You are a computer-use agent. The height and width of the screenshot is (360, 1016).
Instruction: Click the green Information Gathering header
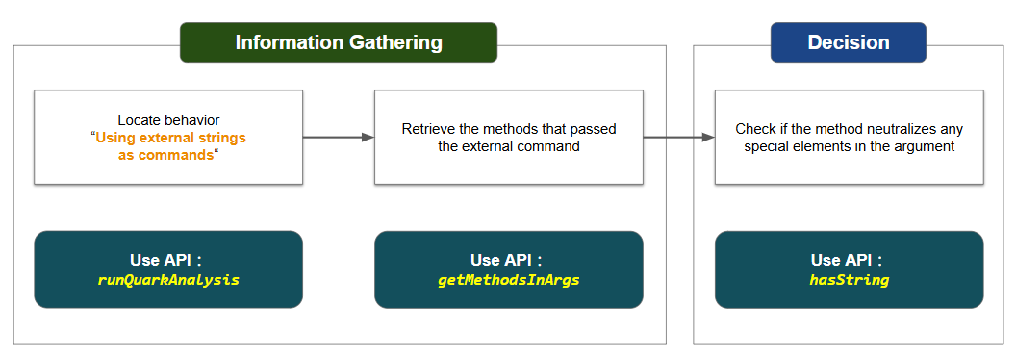coord(339,42)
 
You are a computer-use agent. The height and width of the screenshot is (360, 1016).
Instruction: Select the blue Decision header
coord(849,42)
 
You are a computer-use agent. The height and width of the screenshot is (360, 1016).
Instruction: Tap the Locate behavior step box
coord(168,138)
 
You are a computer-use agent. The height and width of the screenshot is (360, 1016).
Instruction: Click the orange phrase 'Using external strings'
coord(171,139)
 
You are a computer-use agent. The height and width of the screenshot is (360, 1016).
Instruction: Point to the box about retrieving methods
coord(509,138)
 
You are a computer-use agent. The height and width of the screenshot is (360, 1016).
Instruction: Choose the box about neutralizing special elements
coord(849,138)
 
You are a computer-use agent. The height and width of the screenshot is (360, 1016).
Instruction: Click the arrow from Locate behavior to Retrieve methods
coord(339,137)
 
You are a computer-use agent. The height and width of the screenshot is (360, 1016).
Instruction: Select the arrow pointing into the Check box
coord(679,137)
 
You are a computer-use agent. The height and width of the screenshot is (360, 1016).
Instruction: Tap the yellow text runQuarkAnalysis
coord(168,280)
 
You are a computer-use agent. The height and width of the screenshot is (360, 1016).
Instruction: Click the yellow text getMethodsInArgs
coord(509,280)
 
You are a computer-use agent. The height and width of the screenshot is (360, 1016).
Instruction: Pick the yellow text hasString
coord(849,280)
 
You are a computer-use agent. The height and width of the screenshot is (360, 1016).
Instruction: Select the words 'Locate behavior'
coord(168,120)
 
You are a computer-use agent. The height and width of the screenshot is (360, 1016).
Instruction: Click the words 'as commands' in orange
coord(165,156)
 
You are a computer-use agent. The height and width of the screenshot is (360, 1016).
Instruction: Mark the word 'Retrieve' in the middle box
coord(425,129)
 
